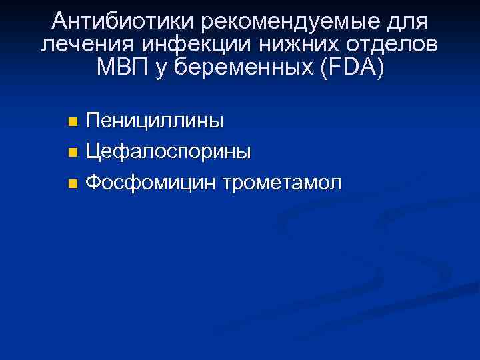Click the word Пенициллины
pos(155,121)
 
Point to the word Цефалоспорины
pos(169,151)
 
